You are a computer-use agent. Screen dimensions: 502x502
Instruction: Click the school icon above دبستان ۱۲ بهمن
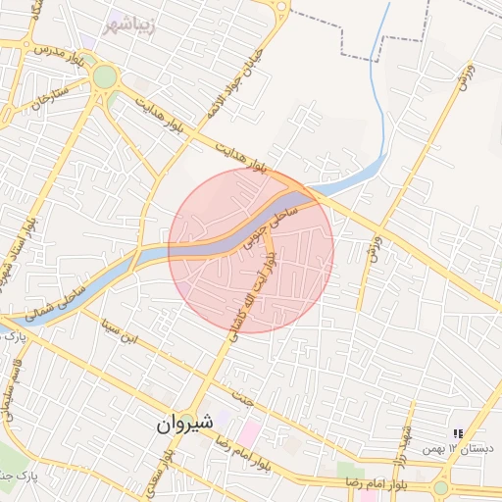point(457,433)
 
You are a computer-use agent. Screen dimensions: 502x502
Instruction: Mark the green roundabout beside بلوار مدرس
point(104,76)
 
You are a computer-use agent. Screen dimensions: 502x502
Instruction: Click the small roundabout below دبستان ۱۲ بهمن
point(440,486)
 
